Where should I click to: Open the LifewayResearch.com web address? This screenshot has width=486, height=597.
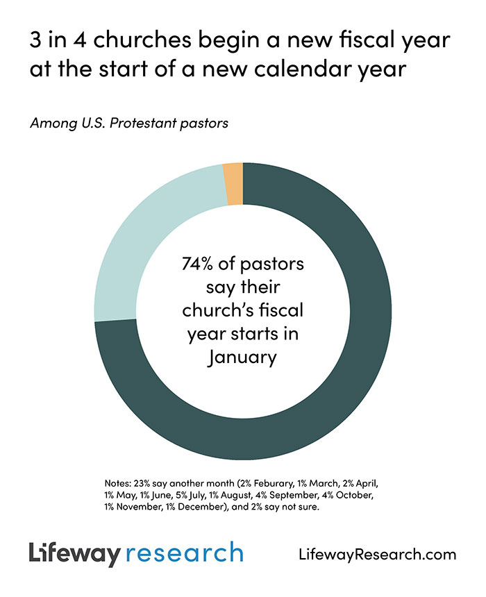[x=376, y=555]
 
